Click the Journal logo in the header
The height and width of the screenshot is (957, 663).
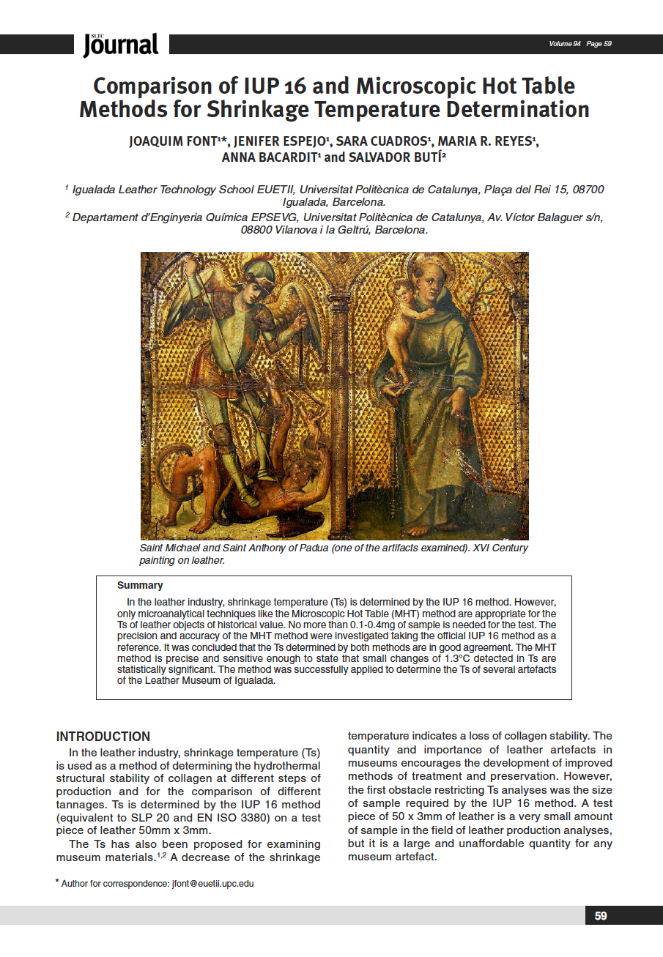(121, 45)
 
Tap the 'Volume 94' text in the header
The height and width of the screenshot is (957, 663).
(565, 44)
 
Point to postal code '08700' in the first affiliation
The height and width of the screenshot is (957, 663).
(588, 190)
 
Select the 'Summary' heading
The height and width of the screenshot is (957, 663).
(140, 585)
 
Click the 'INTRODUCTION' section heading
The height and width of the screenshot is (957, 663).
(103, 737)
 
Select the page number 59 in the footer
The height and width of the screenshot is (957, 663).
(601, 916)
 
